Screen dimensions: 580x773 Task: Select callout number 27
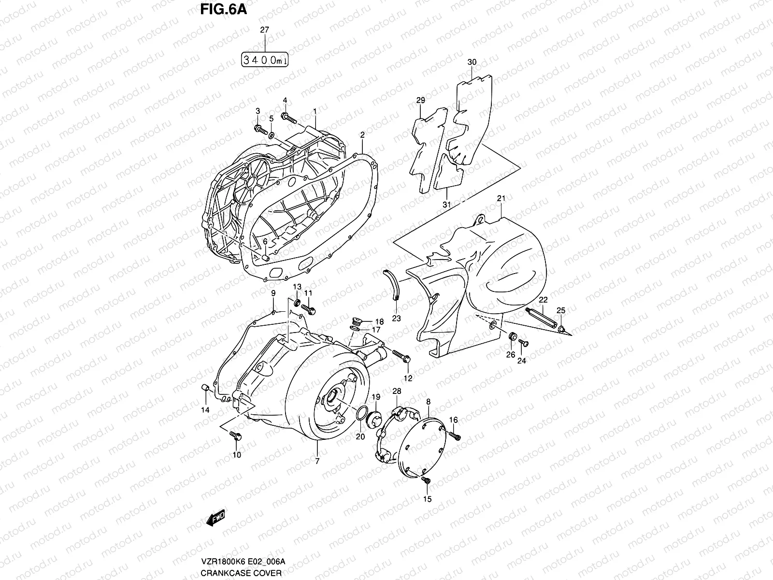tap(264, 30)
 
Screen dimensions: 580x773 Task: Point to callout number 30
tap(472, 62)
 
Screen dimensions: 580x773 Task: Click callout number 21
tap(501, 199)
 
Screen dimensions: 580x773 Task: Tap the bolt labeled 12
tap(402, 357)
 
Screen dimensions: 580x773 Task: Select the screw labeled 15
tap(426, 480)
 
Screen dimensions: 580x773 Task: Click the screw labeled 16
tap(455, 436)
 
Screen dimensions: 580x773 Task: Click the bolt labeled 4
tap(289, 116)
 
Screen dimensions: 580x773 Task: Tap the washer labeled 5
tap(272, 133)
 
